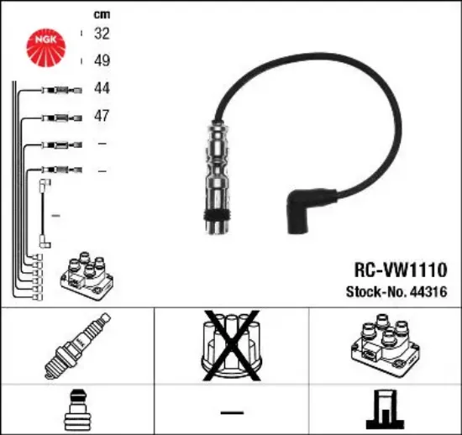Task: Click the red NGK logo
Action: (46, 47)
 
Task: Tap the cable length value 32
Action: (102, 34)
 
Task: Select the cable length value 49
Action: (102, 60)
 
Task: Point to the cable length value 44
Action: (102, 88)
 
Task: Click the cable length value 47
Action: (102, 115)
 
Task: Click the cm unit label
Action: (102, 14)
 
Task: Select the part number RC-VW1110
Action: (401, 270)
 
